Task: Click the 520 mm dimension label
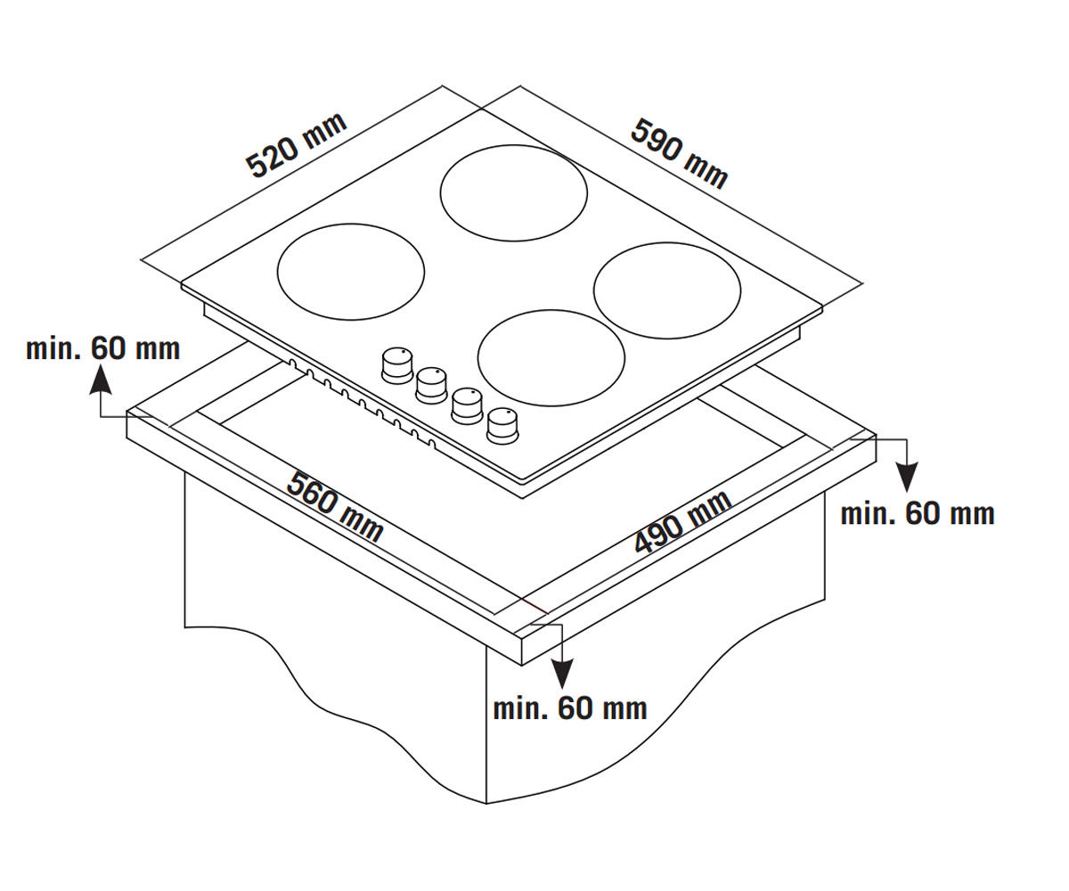(296, 145)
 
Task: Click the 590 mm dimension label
(679, 153)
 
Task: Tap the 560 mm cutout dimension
(335, 506)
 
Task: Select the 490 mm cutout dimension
(683, 522)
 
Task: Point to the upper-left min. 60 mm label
(103, 349)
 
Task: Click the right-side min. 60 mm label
(918, 513)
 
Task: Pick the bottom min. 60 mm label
(570, 708)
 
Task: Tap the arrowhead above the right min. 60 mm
(907, 477)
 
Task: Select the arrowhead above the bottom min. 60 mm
(561, 674)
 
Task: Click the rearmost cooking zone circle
(513, 193)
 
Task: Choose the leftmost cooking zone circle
(351, 272)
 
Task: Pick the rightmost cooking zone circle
(667, 290)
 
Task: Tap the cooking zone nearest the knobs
(551, 358)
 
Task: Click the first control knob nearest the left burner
(396, 365)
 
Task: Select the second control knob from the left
(431, 385)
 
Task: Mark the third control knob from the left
(467, 405)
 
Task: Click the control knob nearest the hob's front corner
(502, 425)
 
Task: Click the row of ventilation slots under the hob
(362, 404)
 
